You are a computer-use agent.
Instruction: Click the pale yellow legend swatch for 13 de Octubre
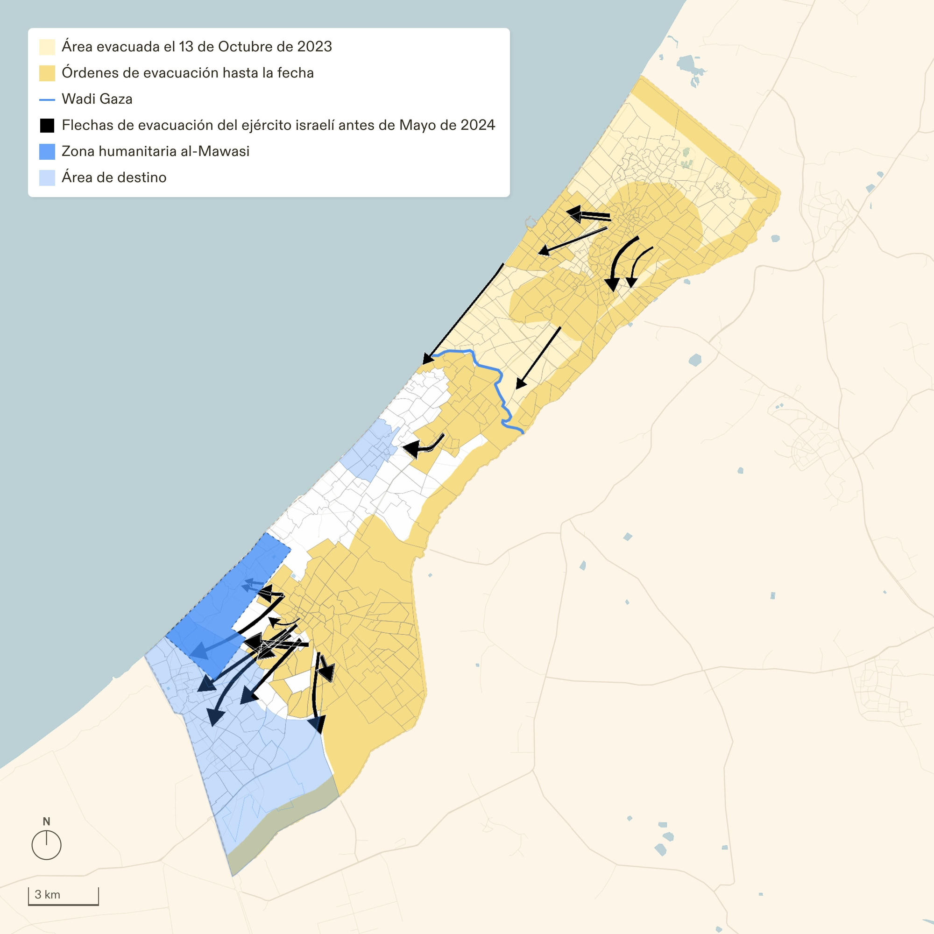47,47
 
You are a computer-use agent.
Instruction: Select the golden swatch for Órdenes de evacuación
47,73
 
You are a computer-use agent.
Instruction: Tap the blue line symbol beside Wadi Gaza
47,99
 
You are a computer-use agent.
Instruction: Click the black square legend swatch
47,126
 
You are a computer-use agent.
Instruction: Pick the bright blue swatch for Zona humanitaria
47,152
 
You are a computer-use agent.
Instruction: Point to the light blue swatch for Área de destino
47,178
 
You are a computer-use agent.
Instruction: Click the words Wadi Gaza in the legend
97,99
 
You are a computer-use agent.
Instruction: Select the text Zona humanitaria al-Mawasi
156,151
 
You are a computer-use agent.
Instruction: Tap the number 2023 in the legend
314,46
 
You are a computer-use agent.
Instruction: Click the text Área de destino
114,177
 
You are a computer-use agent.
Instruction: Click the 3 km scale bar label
47,894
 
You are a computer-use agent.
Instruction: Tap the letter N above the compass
46,821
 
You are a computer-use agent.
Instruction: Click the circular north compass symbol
46,845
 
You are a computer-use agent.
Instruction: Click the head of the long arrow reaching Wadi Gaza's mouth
427,359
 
